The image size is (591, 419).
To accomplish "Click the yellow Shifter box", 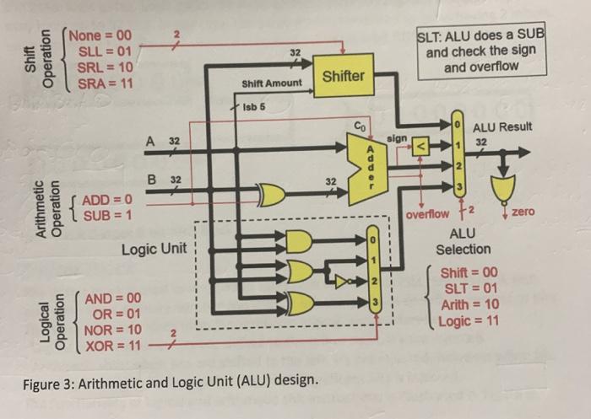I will [x=344, y=75].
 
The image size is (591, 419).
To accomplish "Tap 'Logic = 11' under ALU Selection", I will [x=467, y=320].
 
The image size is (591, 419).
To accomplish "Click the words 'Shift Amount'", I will [x=271, y=84].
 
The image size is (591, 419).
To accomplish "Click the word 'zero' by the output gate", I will [x=523, y=212].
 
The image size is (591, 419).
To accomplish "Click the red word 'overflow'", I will [x=430, y=214].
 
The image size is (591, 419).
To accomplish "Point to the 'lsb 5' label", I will [x=254, y=108].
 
